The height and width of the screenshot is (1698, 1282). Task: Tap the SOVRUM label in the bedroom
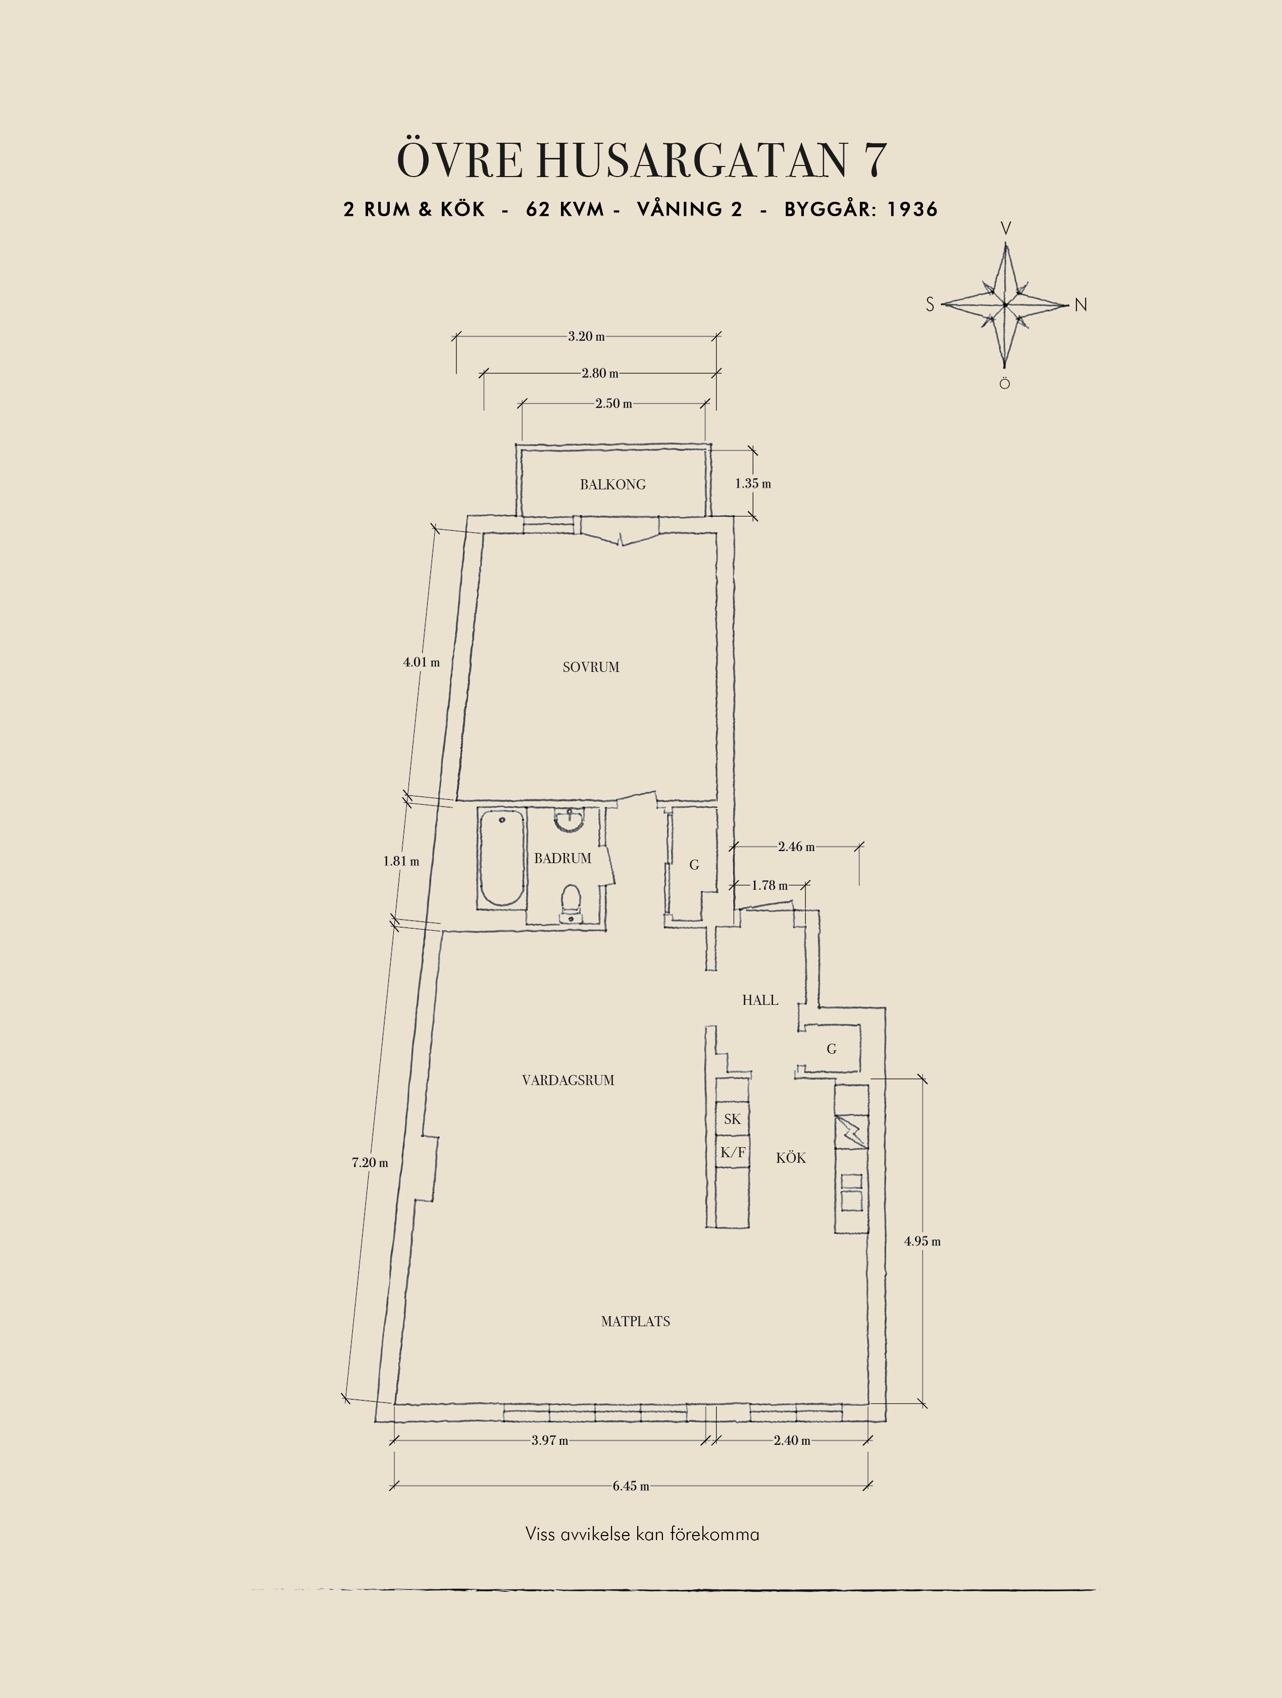pyautogui.click(x=591, y=667)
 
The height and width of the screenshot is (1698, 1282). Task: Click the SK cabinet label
pyautogui.click(x=732, y=1119)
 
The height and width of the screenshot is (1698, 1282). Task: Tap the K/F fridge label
pyautogui.click(x=732, y=1152)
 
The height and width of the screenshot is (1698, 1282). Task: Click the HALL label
pyautogui.click(x=760, y=1000)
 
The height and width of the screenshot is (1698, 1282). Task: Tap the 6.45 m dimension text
pyautogui.click(x=631, y=1486)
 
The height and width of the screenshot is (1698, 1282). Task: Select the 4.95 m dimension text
pyautogui.click(x=922, y=1241)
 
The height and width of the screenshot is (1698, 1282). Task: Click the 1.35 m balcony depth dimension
pyautogui.click(x=753, y=484)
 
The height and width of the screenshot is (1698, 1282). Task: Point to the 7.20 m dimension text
pyautogui.click(x=370, y=1163)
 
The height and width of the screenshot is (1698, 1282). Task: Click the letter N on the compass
pyautogui.click(x=1081, y=305)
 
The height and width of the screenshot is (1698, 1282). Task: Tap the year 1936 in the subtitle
pyautogui.click(x=912, y=209)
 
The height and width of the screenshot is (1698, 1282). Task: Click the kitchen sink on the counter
pyautogui.click(x=851, y=1192)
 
